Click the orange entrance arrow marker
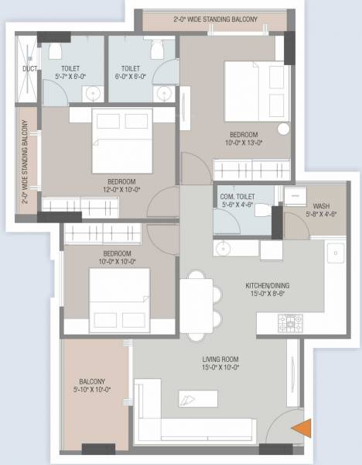point(304,426)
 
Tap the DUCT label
point(30,69)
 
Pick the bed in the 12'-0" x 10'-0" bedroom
point(121,142)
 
